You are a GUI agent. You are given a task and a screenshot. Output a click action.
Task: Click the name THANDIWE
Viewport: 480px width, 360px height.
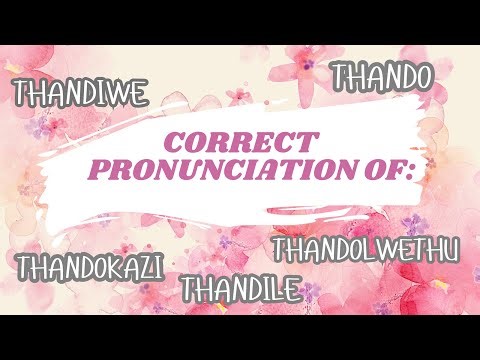click(80, 94)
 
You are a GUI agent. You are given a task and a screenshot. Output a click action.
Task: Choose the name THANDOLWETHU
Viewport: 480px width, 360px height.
click(365, 248)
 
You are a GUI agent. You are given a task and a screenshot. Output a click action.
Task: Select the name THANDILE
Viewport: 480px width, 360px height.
click(240, 289)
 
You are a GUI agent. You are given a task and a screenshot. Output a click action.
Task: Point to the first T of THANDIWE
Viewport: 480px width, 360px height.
click(20, 95)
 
